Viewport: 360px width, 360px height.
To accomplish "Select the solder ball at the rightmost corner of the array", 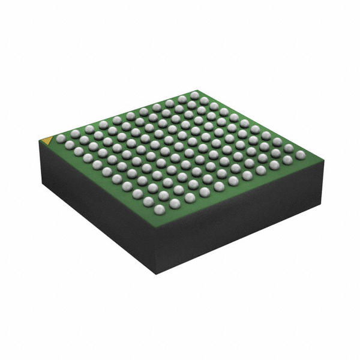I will (300, 155).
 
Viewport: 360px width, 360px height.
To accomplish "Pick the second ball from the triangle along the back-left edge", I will (76, 133).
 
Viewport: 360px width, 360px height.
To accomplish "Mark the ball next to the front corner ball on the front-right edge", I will (175, 203).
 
